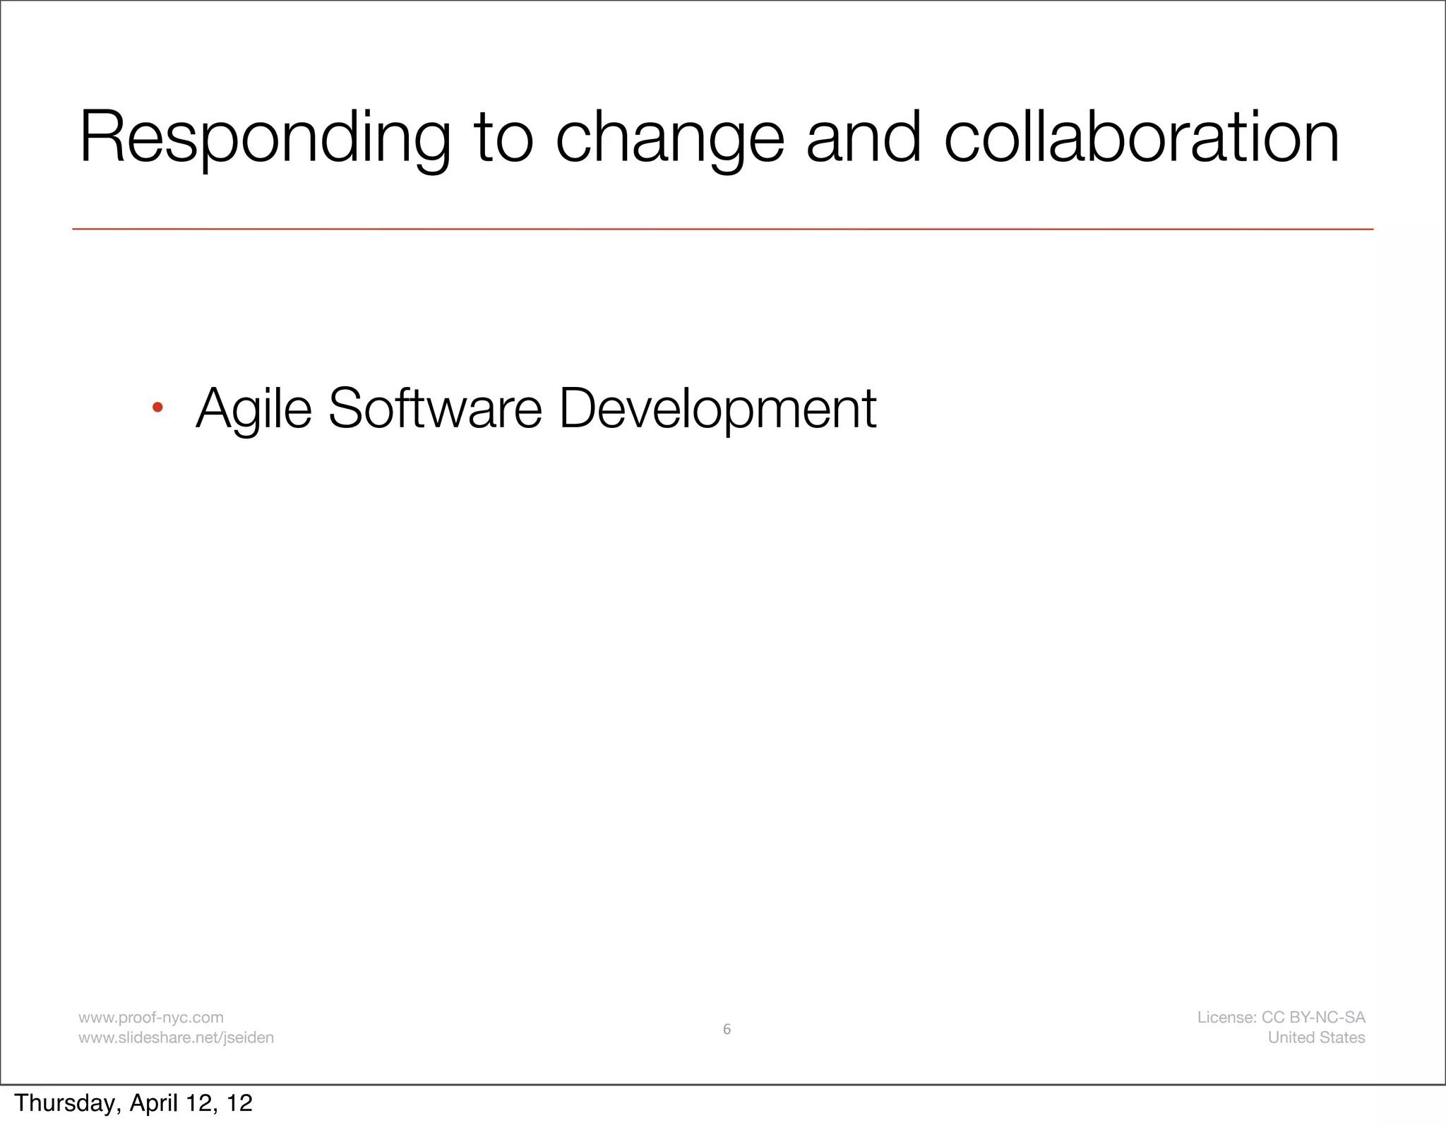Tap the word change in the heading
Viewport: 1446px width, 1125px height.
click(670, 138)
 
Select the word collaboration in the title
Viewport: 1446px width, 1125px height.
click(1141, 138)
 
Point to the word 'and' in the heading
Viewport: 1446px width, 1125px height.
click(864, 138)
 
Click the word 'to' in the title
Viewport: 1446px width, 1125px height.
click(503, 138)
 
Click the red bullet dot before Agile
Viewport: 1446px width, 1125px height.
click(157, 407)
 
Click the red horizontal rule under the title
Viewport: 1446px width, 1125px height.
click(722, 229)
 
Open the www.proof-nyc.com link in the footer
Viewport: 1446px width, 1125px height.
click(151, 1018)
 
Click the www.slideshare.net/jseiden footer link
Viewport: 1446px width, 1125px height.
click(176, 1037)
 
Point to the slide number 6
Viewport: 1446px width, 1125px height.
click(727, 1029)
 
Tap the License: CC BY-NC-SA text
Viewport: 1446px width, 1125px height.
click(1281, 1018)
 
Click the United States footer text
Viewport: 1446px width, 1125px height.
click(1316, 1037)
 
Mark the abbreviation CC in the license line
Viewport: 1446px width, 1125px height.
click(1273, 1018)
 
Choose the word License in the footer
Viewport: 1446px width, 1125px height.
click(1226, 1018)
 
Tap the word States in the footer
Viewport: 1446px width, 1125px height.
click(1342, 1037)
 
